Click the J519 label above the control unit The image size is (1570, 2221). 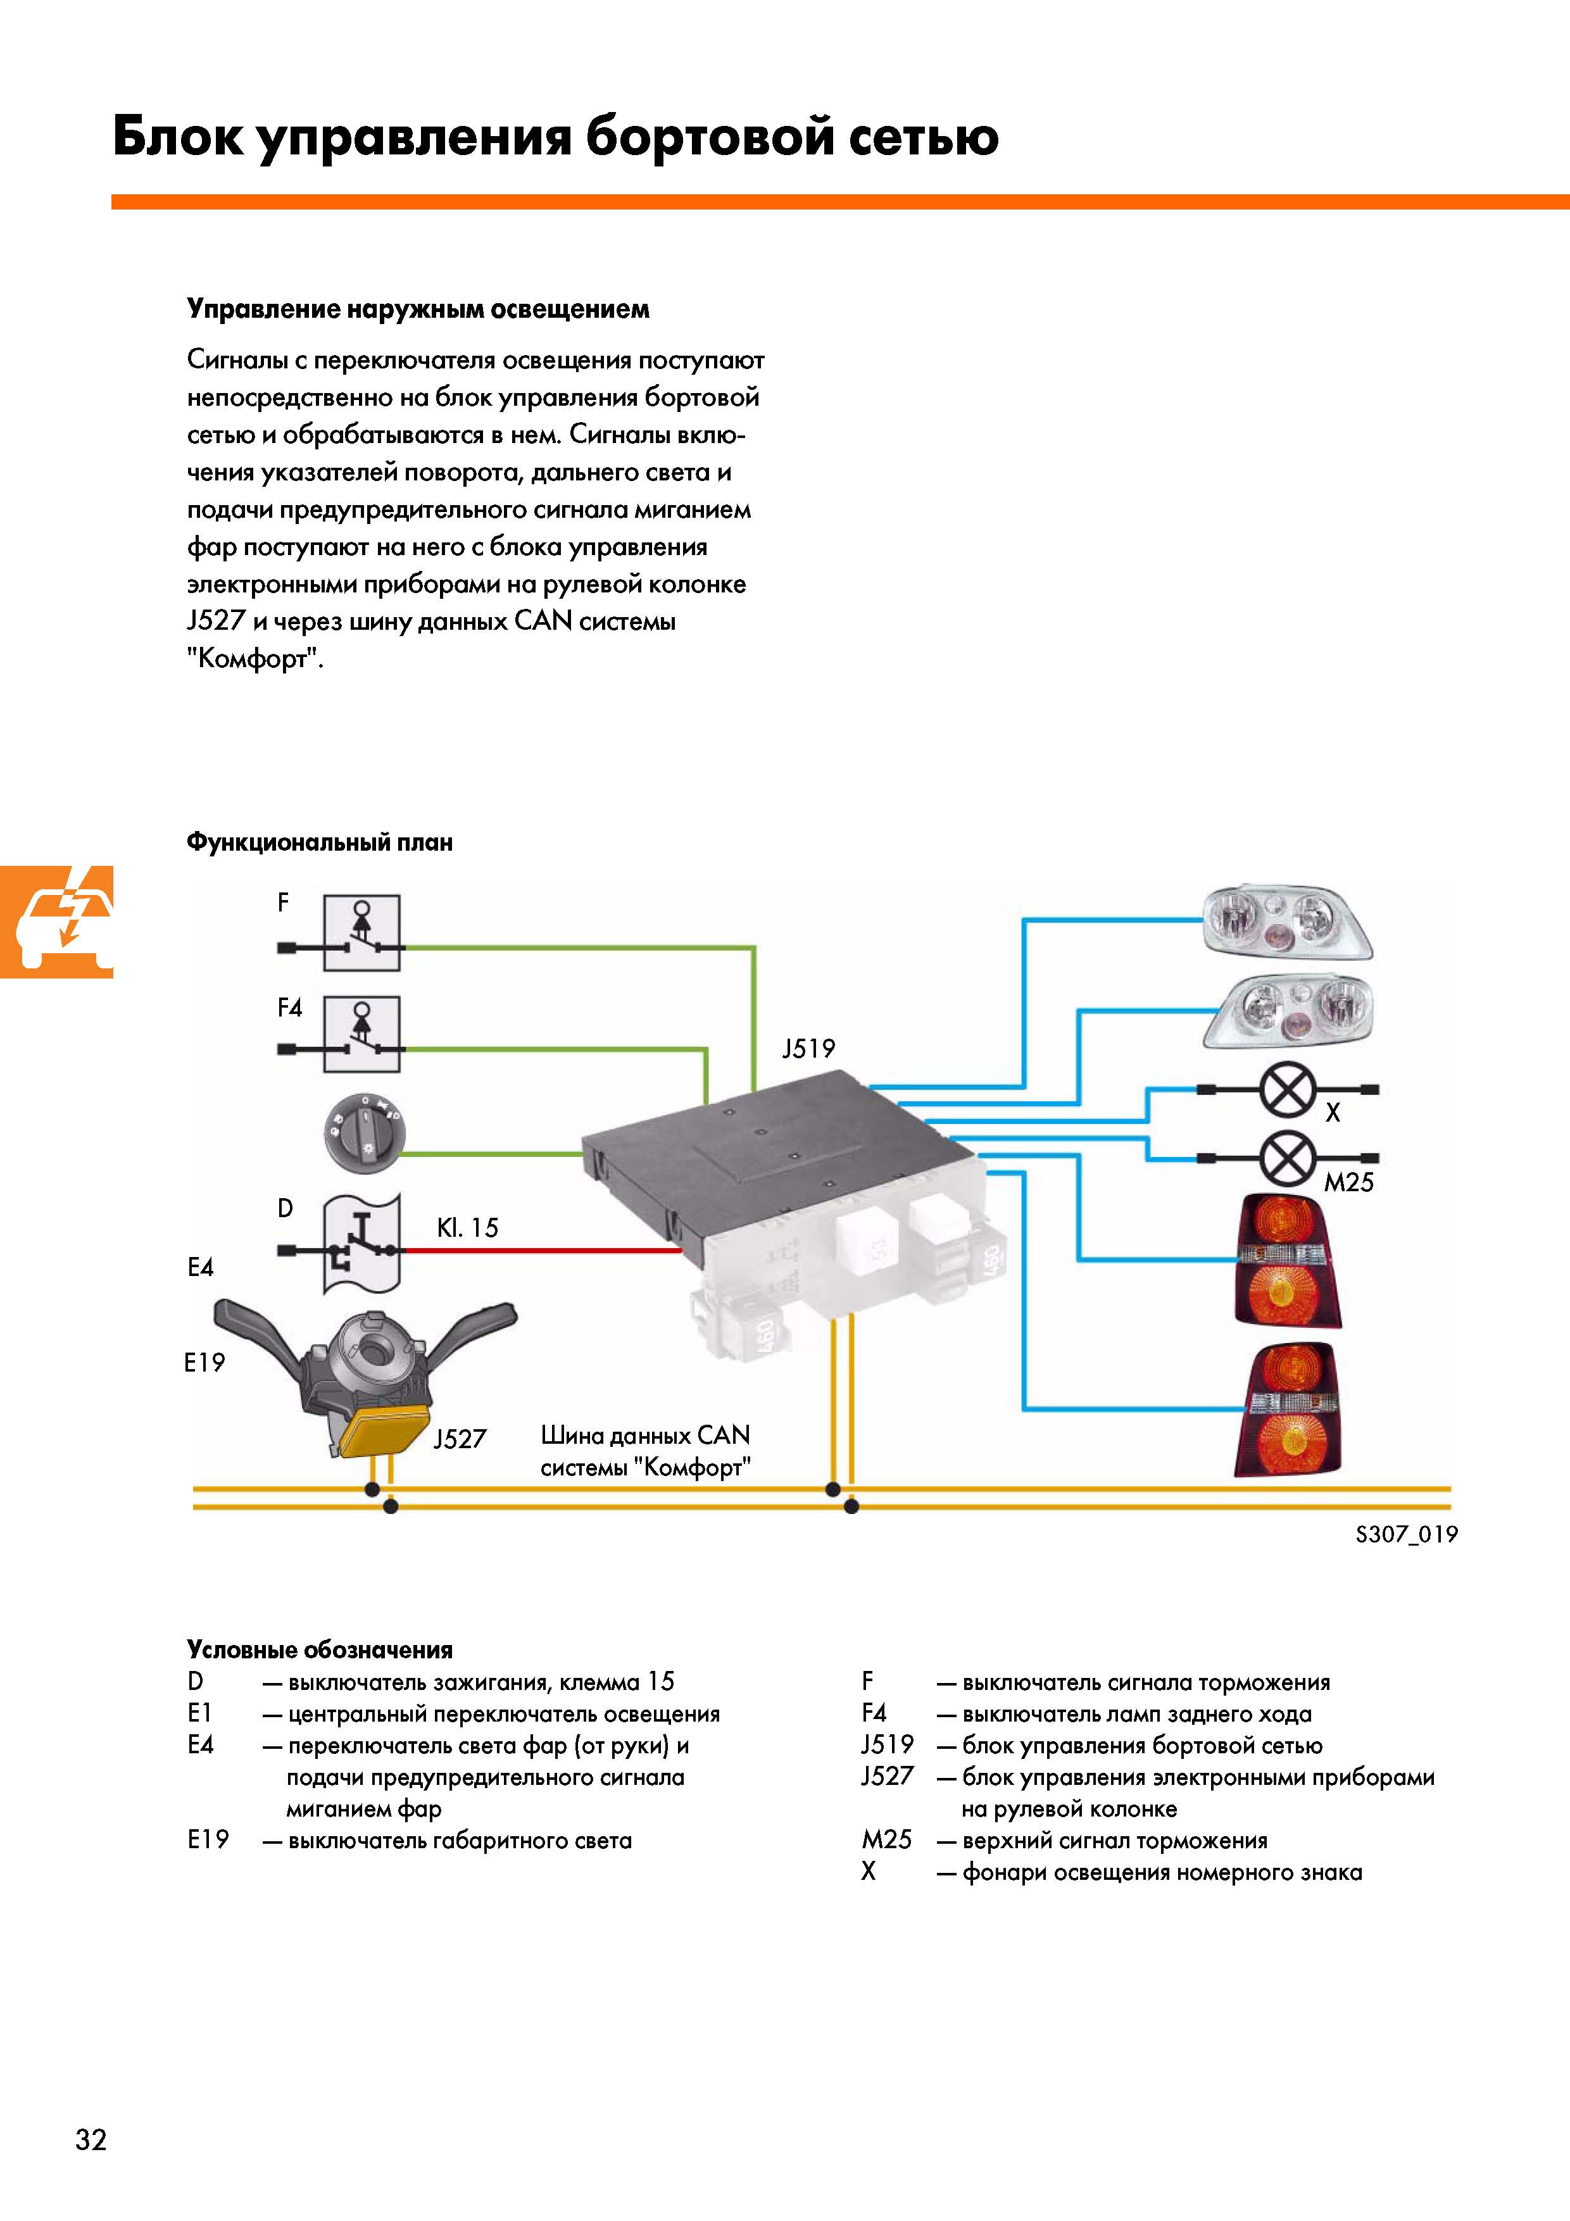click(808, 1049)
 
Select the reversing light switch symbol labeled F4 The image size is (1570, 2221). click(361, 1035)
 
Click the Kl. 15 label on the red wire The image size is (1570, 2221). click(467, 1227)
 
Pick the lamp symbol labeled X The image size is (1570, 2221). click(1288, 1089)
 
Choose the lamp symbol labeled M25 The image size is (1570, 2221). click(1288, 1158)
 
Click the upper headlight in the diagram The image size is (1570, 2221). click(1286, 922)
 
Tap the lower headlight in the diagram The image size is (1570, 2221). click(1290, 1011)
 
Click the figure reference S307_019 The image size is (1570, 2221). click(1405, 1534)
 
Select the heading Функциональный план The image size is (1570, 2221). click(319, 842)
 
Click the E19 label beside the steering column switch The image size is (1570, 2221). click(204, 1363)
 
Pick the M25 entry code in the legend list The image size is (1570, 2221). click(886, 1840)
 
